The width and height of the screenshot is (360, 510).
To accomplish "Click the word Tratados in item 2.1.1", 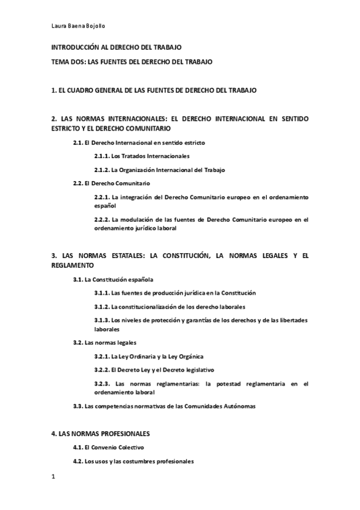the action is tap(132, 156).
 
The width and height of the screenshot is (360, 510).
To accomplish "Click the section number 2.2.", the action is tap(78, 182).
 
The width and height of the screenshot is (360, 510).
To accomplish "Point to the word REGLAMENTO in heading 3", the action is tap(73, 265).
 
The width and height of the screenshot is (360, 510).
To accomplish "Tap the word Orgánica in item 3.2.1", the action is tap(192, 356).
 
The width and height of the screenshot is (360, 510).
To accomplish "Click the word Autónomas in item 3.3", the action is tap(240, 406).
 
